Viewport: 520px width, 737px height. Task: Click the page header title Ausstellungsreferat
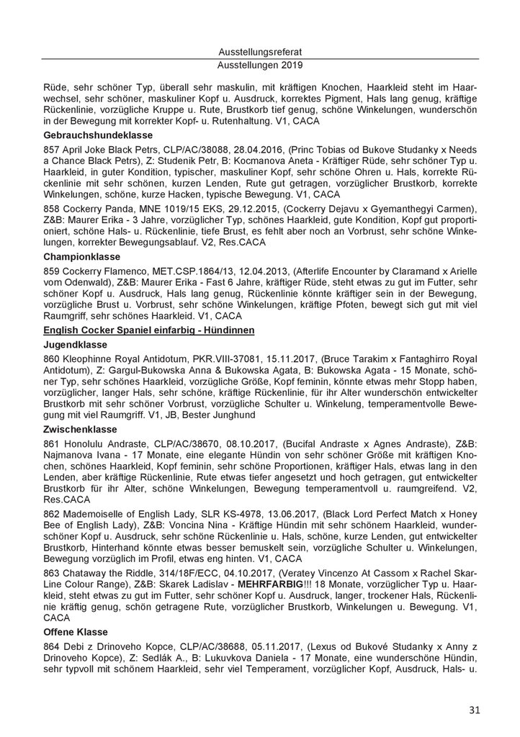click(260, 52)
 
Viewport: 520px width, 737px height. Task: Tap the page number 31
click(474, 710)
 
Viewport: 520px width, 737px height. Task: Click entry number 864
click(52, 652)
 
